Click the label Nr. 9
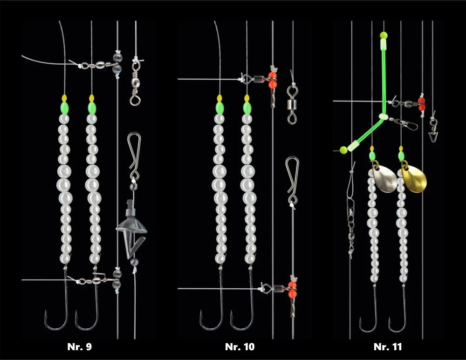pyautogui.click(x=79, y=346)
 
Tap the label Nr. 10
pyautogui.click(x=240, y=346)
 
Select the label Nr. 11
pyautogui.click(x=388, y=346)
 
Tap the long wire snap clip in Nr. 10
pyautogui.click(x=293, y=180)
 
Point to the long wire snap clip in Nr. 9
pyautogui.click(x=134, y=155)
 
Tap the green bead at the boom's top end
pyautogui.click(x=384, y=35)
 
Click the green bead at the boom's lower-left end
pyautogui.click(x=343, y=150)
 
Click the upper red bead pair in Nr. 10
pyautogui.click(x=273, y=80)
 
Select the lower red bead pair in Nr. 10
pyautogui.click(x=292, y=290)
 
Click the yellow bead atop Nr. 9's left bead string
pyautogui.click(x=64, y=98)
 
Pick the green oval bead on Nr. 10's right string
pyautogui.click(x=247, y=108)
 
